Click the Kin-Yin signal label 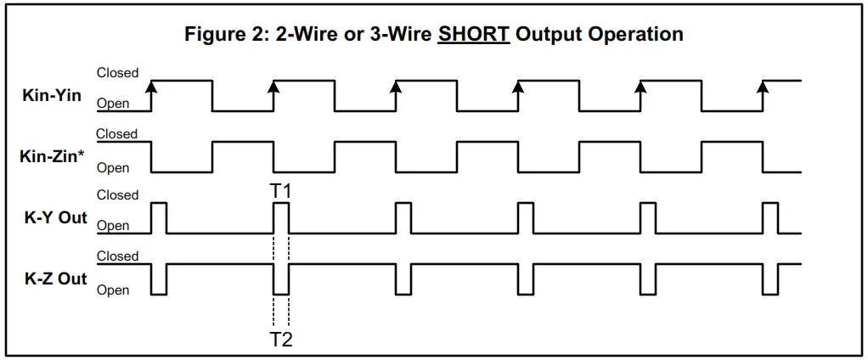click(x=52, y=95)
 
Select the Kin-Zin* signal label click(x=53, y=156)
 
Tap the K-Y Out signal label click(x=55, y=217)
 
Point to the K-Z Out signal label click(x=55, y=278)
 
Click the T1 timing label click(x=281, y=191)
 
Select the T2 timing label click(x=281, y=340)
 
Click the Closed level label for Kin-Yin click(x=117, y=73)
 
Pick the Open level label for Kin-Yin click(x=113, y=104)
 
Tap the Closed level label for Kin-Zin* click(x=117, y=134)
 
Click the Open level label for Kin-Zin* click(x=113, y=168)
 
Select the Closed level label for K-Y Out click(x=117, y=195)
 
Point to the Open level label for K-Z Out click(x=113, y=290)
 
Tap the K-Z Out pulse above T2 click(x=281, y=279)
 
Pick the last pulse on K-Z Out click(x=770, y=279)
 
